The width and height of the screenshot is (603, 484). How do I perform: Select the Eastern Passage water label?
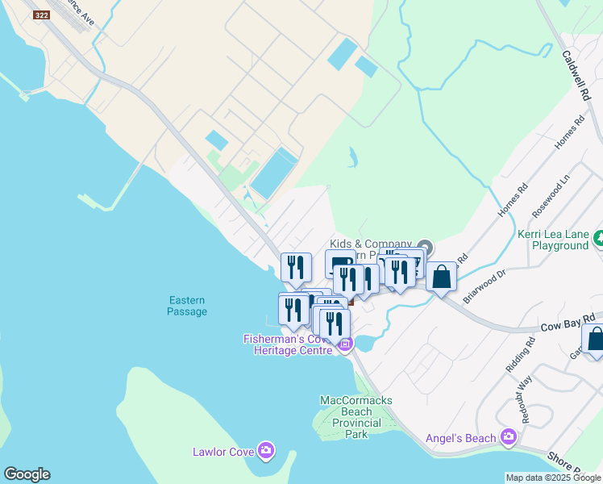click(188, 306)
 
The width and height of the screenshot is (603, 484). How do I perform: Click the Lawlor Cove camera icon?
click(265, 450)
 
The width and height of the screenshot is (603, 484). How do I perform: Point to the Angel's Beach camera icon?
click(508, 437)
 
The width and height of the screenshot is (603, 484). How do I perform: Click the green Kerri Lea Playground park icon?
click(598, 239)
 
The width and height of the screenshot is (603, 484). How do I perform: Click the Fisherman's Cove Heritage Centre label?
click(288, 345)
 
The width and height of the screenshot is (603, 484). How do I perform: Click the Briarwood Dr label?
click(484, 286)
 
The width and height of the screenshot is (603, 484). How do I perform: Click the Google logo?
click(27, 474)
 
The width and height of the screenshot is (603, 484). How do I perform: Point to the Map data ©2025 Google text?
click(553, 478)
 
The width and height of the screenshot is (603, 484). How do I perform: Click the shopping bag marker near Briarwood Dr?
click(441, 277)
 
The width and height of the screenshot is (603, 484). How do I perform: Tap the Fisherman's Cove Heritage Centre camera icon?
click(345, 344)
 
